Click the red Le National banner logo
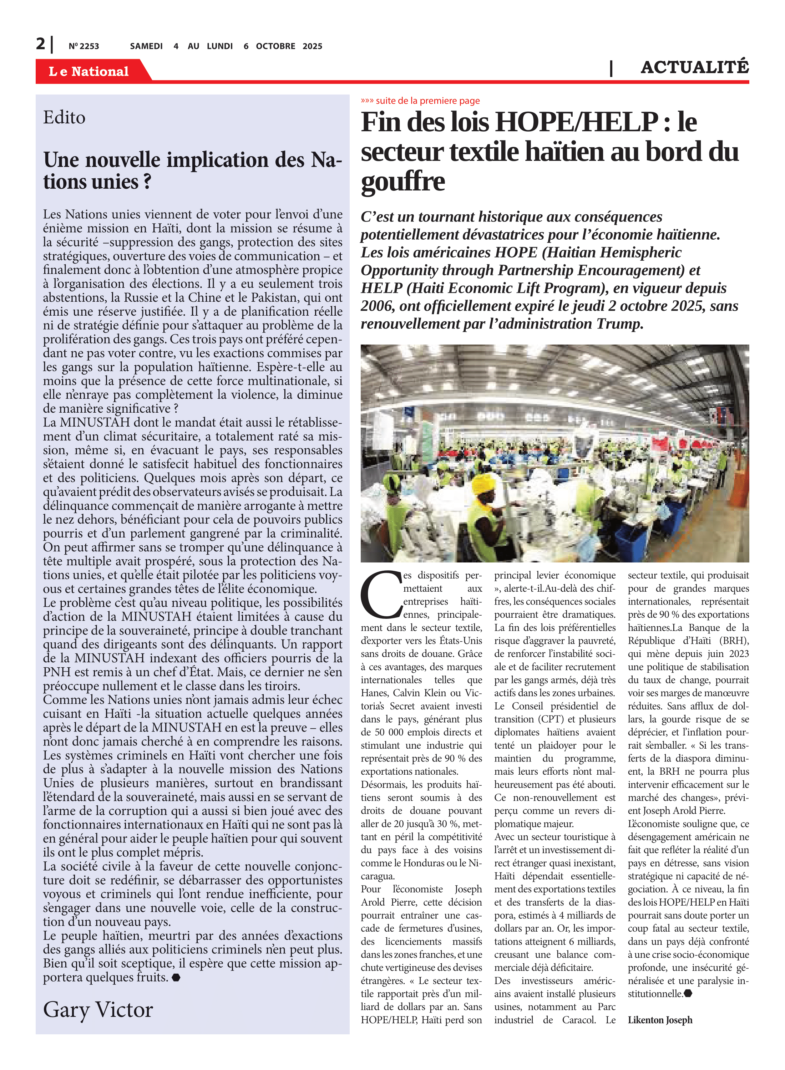88,71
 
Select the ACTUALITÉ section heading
694,67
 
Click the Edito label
64,117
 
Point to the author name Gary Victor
98,1009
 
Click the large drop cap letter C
381,595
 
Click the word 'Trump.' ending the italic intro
620,324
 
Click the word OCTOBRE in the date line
275,46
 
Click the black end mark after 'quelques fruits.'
176,977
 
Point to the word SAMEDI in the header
146,46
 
